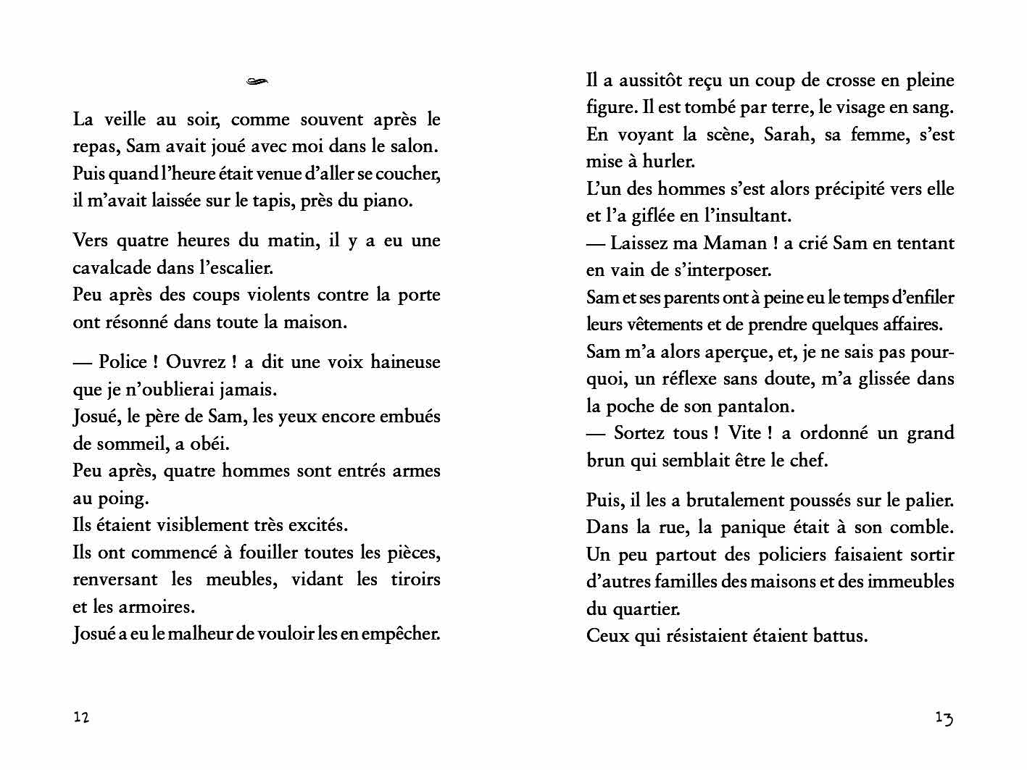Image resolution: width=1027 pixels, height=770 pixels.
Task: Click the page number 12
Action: [x=81, y=717]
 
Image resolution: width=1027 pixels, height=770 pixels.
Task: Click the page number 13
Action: [x=944, y=718]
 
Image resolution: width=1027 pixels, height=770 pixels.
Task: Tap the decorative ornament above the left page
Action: [x=257, y=82]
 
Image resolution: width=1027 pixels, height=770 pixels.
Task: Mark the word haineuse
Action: [x=405, y=362]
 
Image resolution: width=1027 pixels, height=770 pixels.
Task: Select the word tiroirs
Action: [x=415, y=579]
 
